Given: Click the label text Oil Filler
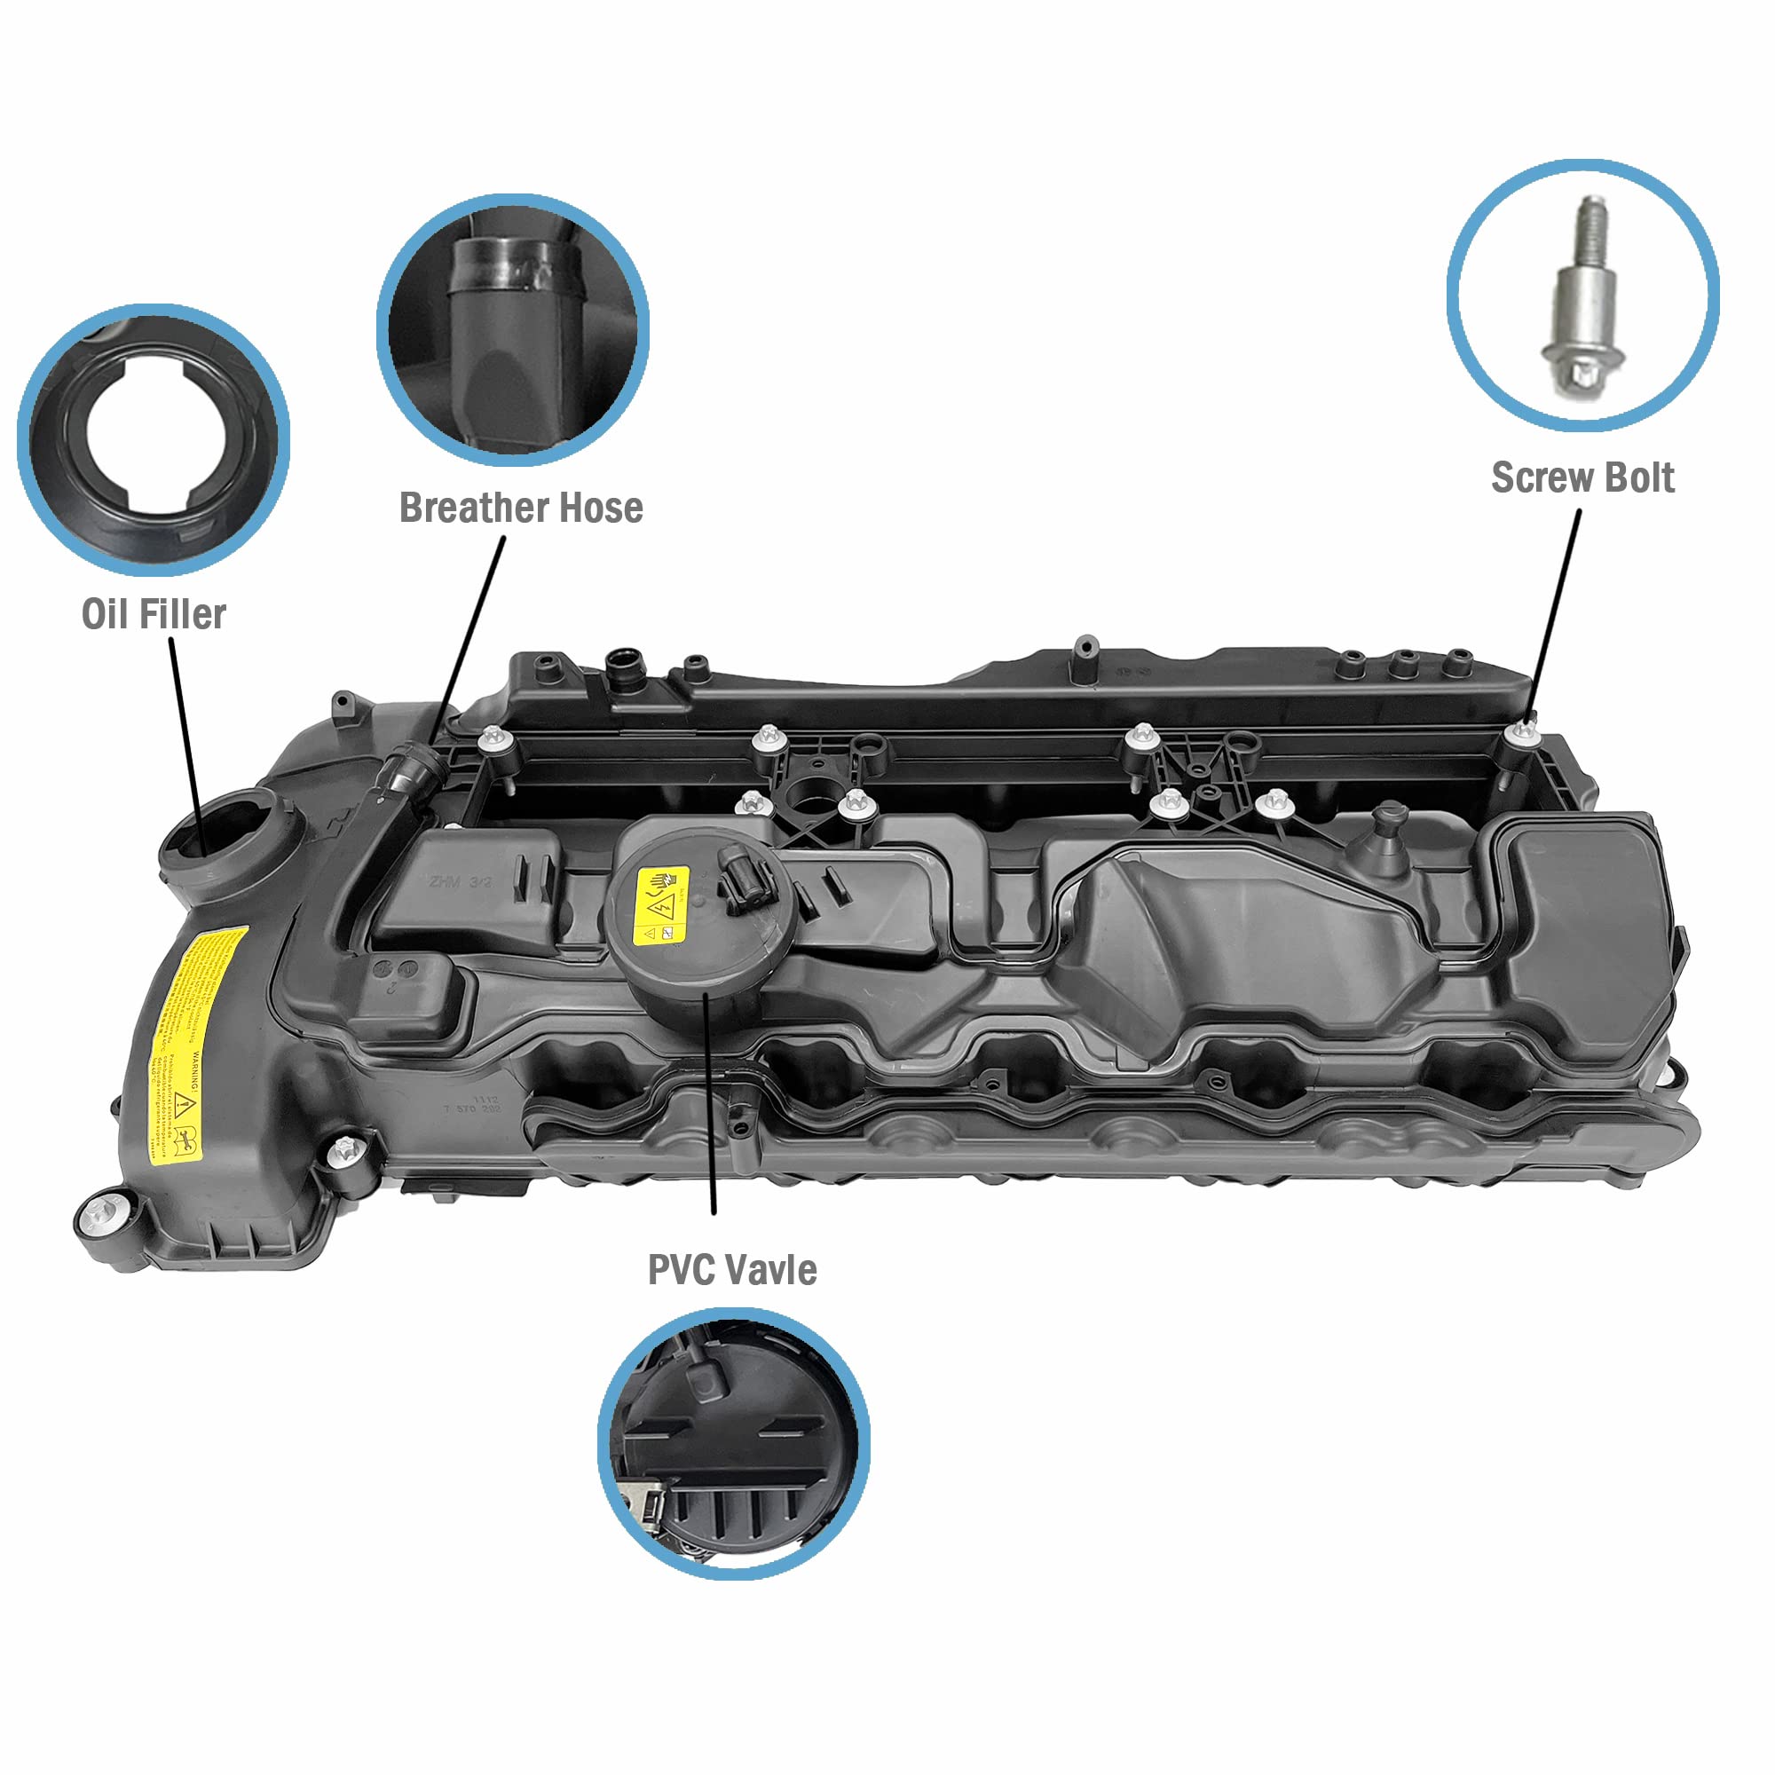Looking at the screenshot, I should (154, 615).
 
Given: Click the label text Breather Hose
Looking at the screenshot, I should (521, 508).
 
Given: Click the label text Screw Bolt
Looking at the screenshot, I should (1582, 477).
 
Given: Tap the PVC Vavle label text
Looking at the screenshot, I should (732, 1270).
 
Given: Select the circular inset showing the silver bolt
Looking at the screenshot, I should (1583, 296).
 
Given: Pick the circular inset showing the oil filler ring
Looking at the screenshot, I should (154, 440).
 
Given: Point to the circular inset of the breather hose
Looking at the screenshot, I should (513, 329).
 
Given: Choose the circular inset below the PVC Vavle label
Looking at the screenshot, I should (733, 1443).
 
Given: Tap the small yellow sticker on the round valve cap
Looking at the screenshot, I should (662, 905).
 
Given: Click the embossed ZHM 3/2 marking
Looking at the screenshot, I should (461, 882).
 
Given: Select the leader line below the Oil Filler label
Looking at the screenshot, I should (185, 735).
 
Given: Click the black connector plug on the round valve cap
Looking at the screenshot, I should (747, 880).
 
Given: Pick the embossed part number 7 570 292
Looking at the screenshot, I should (473, 1108).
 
